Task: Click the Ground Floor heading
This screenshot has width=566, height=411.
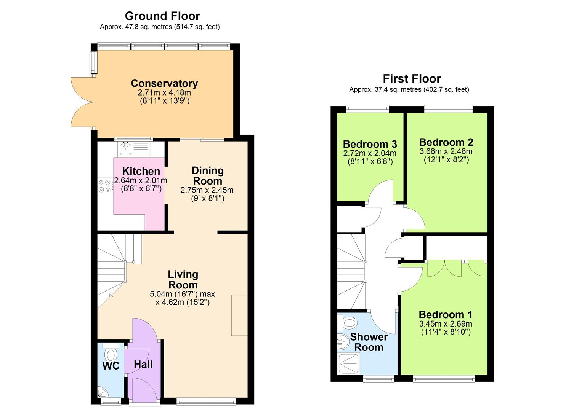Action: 162,16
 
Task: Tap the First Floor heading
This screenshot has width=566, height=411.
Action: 412,79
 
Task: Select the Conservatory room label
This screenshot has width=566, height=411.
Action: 164,83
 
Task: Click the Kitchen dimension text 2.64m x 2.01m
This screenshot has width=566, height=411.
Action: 141,180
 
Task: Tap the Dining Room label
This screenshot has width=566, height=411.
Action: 208,176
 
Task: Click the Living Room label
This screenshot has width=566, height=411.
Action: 183,280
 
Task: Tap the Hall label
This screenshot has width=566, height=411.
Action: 143,365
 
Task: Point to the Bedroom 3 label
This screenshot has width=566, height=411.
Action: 370,144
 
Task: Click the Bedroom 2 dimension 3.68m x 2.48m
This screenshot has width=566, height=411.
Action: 446,151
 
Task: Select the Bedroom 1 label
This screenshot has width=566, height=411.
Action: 446,315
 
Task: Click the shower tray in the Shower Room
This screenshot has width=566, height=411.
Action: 349,364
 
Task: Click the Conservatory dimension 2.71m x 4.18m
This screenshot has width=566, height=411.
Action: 164,92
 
